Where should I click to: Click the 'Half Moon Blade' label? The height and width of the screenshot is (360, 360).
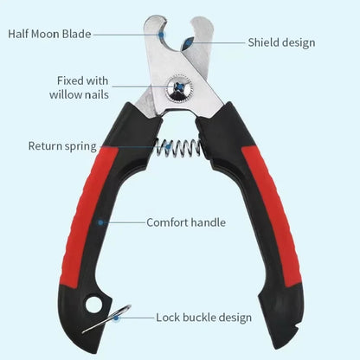pos(49,34)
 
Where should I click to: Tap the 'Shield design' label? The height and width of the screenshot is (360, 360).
pos(281,42)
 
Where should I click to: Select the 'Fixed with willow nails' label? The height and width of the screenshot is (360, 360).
pos(79,87)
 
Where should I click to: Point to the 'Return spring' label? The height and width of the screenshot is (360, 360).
pos(62,146)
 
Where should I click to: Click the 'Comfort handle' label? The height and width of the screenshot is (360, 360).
pos(186,222)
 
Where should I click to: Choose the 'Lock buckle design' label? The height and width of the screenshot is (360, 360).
pos(204,318)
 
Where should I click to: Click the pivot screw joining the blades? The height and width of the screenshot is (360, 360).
pos(179,87)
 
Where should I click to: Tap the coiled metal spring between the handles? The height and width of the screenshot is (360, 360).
pos(178,148)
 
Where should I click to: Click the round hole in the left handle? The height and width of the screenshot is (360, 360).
pos(93,304)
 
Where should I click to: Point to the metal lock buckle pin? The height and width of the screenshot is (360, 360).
pos(106,318)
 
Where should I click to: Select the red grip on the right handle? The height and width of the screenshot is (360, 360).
pos(271,216)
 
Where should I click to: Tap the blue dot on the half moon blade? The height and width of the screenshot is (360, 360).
pos(162,35)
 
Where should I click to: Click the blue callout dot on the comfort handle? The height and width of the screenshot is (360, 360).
pos(100,222)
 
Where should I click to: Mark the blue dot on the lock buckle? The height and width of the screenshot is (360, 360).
pos(116,318)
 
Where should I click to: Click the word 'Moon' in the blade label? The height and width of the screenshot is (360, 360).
pos(46,34)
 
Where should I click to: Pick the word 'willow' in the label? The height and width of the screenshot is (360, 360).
pos(65,95)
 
